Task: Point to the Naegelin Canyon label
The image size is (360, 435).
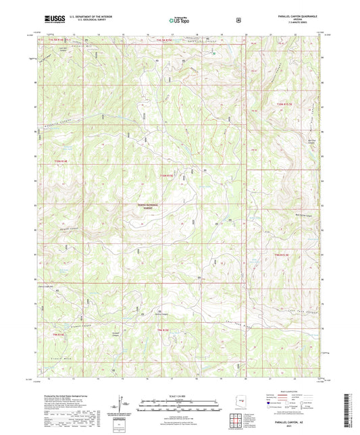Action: coord(58,123)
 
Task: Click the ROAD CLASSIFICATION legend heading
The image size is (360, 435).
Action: coord(290,390)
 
